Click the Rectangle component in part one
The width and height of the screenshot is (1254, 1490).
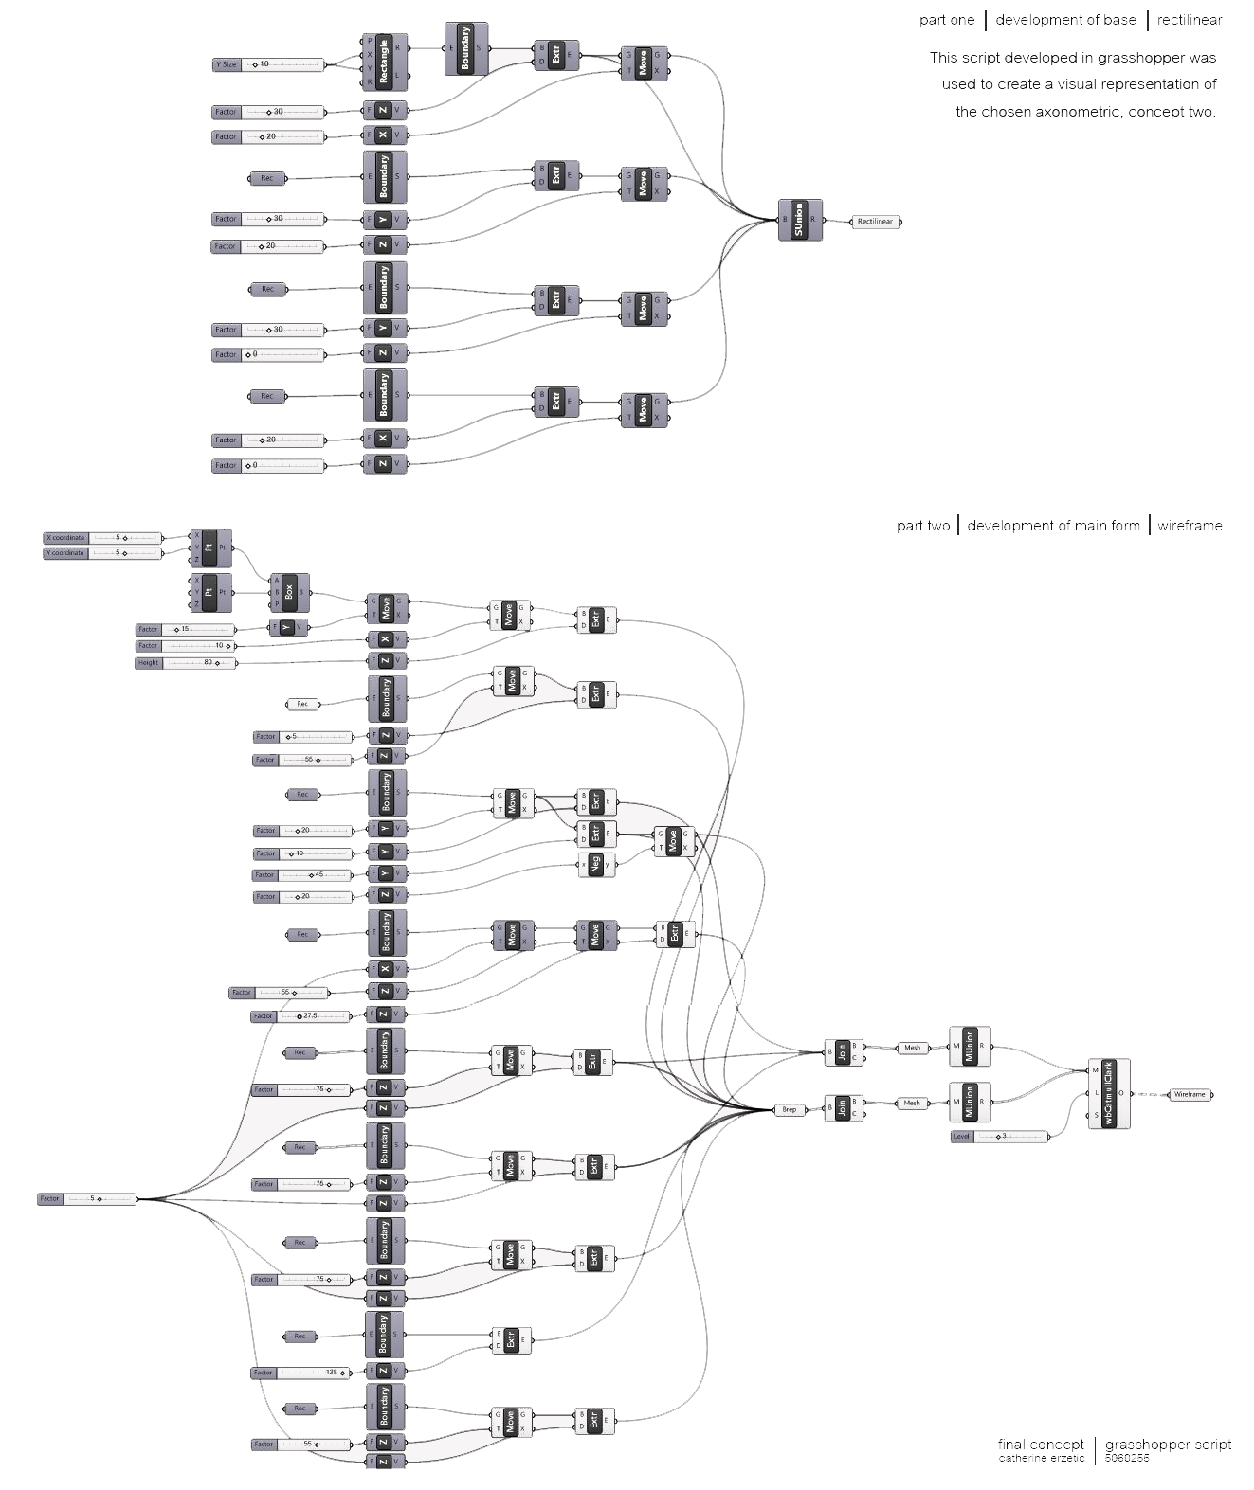point(384,61)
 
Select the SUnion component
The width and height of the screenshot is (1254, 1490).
point(799,220)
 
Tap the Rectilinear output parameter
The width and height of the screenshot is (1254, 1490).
point(875,222)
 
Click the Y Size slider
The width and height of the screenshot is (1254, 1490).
point(269,64)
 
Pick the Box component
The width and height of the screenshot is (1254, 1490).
point(289,593)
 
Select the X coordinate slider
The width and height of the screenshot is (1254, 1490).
point(102,538)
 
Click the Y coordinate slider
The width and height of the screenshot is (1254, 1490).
point(102,553)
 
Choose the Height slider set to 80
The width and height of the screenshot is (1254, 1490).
point(186,663)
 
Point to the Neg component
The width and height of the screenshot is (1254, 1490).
point(596,864)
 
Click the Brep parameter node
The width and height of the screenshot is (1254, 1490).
point(789,1109)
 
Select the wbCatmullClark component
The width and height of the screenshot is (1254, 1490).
point(1109,1093)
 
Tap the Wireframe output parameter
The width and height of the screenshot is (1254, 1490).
point(1190,1094)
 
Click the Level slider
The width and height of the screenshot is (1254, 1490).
point(999,1136)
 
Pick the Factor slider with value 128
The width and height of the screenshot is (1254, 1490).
point(301,1373)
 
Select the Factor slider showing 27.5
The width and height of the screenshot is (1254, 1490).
point(301,1016)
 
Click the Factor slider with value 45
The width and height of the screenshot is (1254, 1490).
point(303,875)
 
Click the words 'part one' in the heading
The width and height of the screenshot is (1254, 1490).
point(946,20)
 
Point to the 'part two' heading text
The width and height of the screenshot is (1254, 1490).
point(922,526)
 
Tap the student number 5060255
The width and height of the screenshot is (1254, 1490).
point(1127,1458)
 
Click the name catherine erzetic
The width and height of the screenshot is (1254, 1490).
point(1041,1458)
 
